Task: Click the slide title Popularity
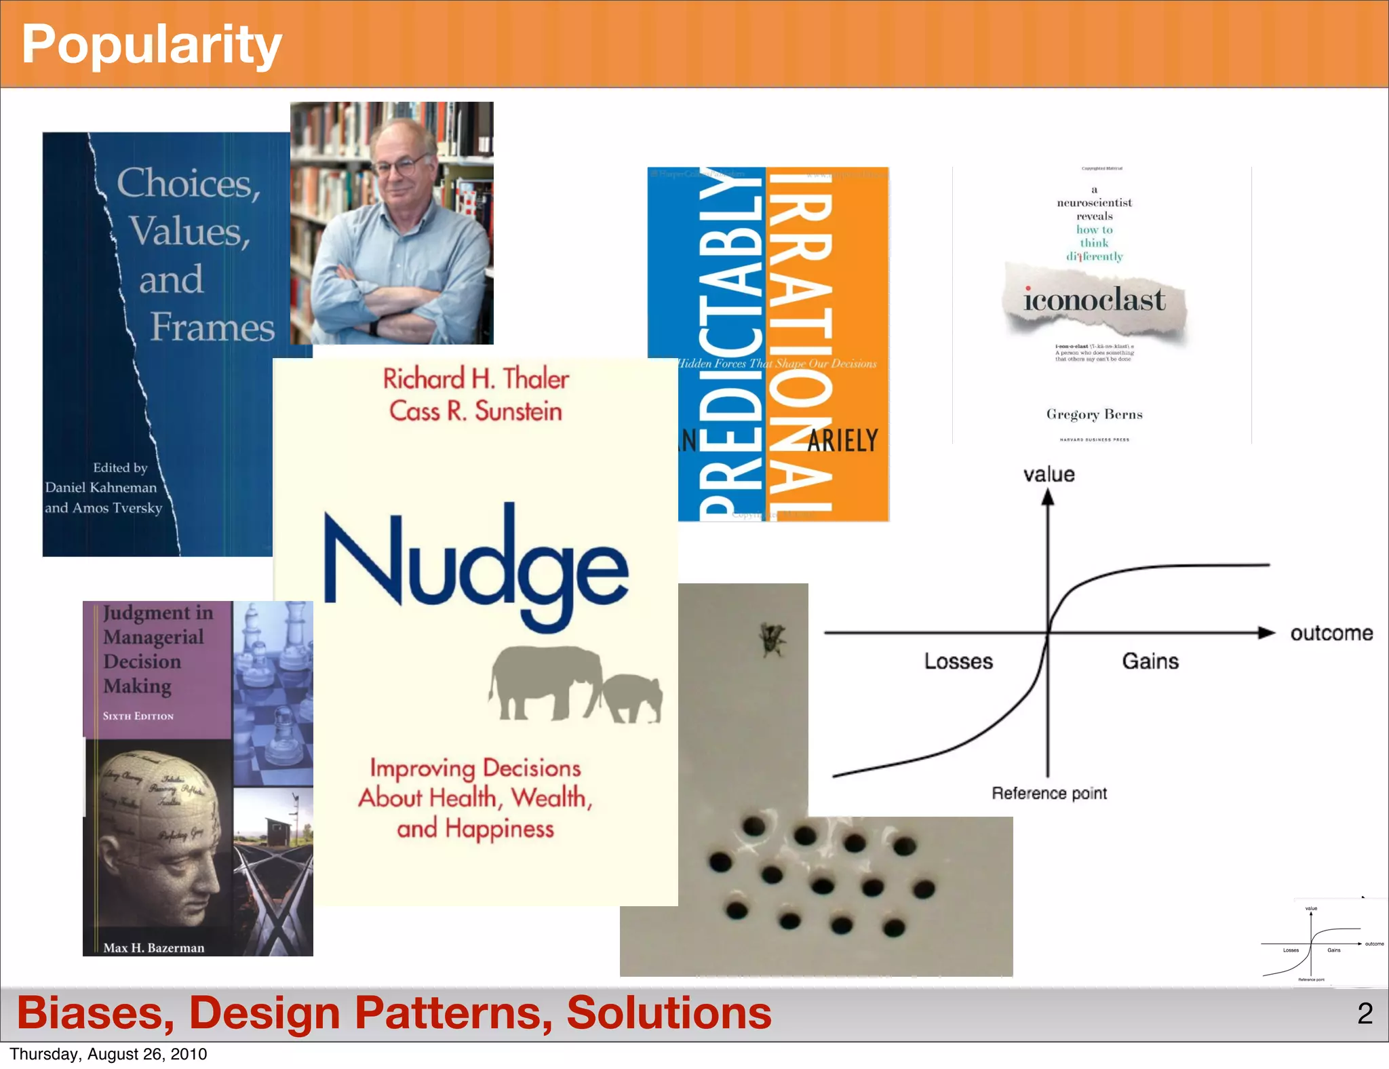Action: pos(151,45)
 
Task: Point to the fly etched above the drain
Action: pos(772,640)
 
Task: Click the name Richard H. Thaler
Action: pos(475,379)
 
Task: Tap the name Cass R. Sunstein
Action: pos(475,412)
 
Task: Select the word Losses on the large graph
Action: pos(958,661)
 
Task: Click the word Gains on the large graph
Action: pos(1150,661)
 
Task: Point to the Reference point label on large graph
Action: pos(1049,793)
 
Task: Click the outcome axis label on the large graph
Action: pos(1331,634)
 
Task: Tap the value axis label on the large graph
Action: pos(1049,474)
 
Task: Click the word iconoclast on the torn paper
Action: pos(1094,300)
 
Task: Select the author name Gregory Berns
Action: pos(1094,414)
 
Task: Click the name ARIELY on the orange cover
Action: pos(843,441)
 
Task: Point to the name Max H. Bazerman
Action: pos(154,948)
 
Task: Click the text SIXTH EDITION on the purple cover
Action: pos(138,716)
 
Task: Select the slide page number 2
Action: pos(1365,1013)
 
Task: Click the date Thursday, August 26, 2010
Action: pos(109,1054)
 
